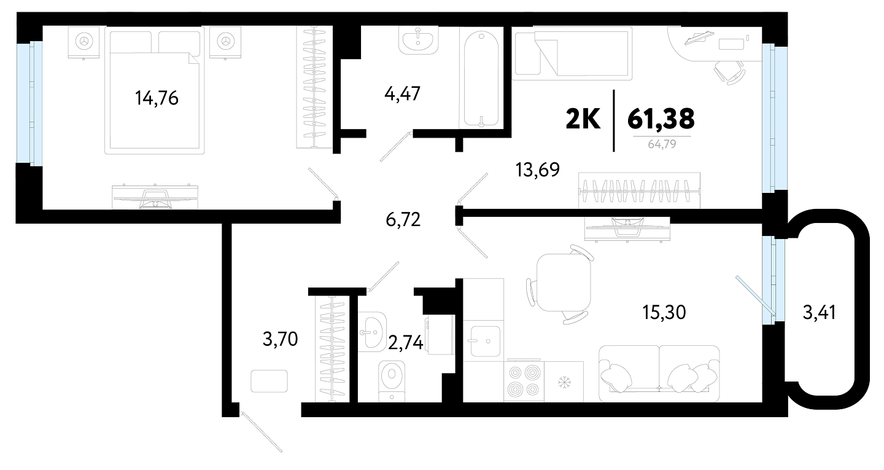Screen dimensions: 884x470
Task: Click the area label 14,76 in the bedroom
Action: (157, 98)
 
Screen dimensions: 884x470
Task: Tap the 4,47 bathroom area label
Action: (402, 94)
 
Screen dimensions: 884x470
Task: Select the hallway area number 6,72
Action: (403, 219)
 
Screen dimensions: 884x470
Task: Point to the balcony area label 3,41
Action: (820, 312)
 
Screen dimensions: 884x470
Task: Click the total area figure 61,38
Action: (661, 119)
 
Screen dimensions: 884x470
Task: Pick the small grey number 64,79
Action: (662, 144)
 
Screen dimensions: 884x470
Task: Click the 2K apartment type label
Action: (583, 119)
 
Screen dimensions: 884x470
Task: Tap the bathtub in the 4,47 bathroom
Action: (481, 80)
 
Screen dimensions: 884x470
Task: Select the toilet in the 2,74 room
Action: (392, 380)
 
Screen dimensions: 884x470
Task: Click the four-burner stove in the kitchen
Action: (524, 381)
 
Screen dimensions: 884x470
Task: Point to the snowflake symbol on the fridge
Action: (564, 382)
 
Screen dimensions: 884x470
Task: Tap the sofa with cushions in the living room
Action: (659, 374)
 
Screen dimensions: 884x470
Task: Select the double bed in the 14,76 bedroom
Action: (154, 90)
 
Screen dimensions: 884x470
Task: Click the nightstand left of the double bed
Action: (83, 42)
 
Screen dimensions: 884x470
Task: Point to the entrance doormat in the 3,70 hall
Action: (269, 381)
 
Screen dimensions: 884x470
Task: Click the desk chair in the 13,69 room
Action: (730, 72)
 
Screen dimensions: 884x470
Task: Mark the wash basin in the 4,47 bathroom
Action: (418, 41)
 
